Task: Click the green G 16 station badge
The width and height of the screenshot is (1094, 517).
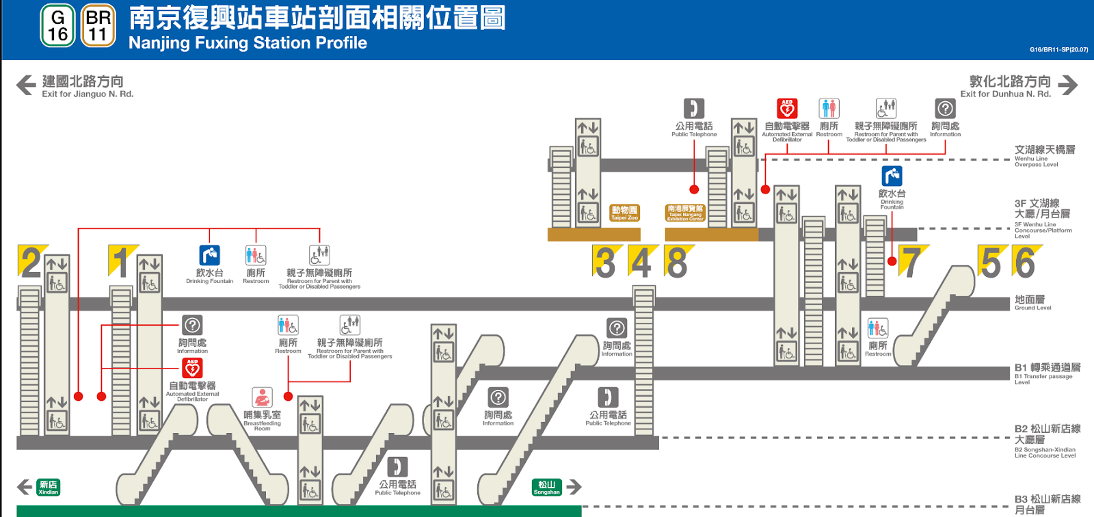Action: (x=57, y=26)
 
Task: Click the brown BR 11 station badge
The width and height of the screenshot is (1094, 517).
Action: (x=98, y=26)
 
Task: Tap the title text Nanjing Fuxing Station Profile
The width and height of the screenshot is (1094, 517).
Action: (x=248, y=43)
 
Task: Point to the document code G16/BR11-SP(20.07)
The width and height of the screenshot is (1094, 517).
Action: (x=1058, y=49)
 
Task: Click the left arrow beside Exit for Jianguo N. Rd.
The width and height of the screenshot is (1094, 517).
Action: (x=26, y=85)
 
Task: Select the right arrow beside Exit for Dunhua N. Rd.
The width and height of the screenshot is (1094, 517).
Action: (x=1067, y=85)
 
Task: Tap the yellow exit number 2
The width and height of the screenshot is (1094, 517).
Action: (x=31, y=262)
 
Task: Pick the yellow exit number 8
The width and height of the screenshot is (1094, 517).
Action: (x=678, y=262)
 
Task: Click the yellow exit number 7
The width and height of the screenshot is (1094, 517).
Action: (x=910, y=262)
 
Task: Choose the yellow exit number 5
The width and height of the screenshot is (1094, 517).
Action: (x=991, y=262)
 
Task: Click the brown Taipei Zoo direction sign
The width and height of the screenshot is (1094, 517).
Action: (x=624, y=213)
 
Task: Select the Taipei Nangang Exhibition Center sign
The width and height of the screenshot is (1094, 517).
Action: (x=685, y=213)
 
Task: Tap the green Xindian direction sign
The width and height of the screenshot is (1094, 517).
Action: (x=49, y=487)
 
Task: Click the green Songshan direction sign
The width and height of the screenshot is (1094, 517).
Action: (x=546, y=487)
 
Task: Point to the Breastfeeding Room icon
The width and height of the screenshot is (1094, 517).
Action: (x=263, y=397)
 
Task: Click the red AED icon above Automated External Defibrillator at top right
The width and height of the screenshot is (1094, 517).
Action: (x=787, y=108)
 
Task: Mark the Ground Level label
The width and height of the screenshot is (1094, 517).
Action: (x=1032, y=302)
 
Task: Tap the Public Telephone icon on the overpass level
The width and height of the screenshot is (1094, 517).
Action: (x=694, y=108)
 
